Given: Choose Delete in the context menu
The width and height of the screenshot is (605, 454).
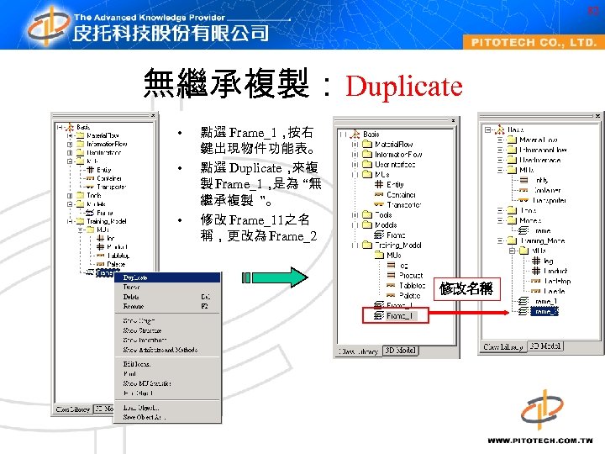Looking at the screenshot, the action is tap(132, 297).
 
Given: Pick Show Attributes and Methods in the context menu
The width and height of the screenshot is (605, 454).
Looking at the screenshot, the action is tap(160, 350).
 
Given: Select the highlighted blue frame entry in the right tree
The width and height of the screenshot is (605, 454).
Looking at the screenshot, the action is tap(545, 312).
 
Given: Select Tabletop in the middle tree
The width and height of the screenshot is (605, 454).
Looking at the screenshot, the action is tap(411, 286).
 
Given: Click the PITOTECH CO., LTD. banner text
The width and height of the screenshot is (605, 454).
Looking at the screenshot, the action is tap(534, 42).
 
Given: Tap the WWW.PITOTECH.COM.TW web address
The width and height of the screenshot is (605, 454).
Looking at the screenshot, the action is tap(539, 440).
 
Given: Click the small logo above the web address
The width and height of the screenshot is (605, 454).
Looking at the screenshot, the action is tap(541, 409).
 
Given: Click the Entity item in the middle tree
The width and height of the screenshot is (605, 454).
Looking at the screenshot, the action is tap(394, 185).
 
